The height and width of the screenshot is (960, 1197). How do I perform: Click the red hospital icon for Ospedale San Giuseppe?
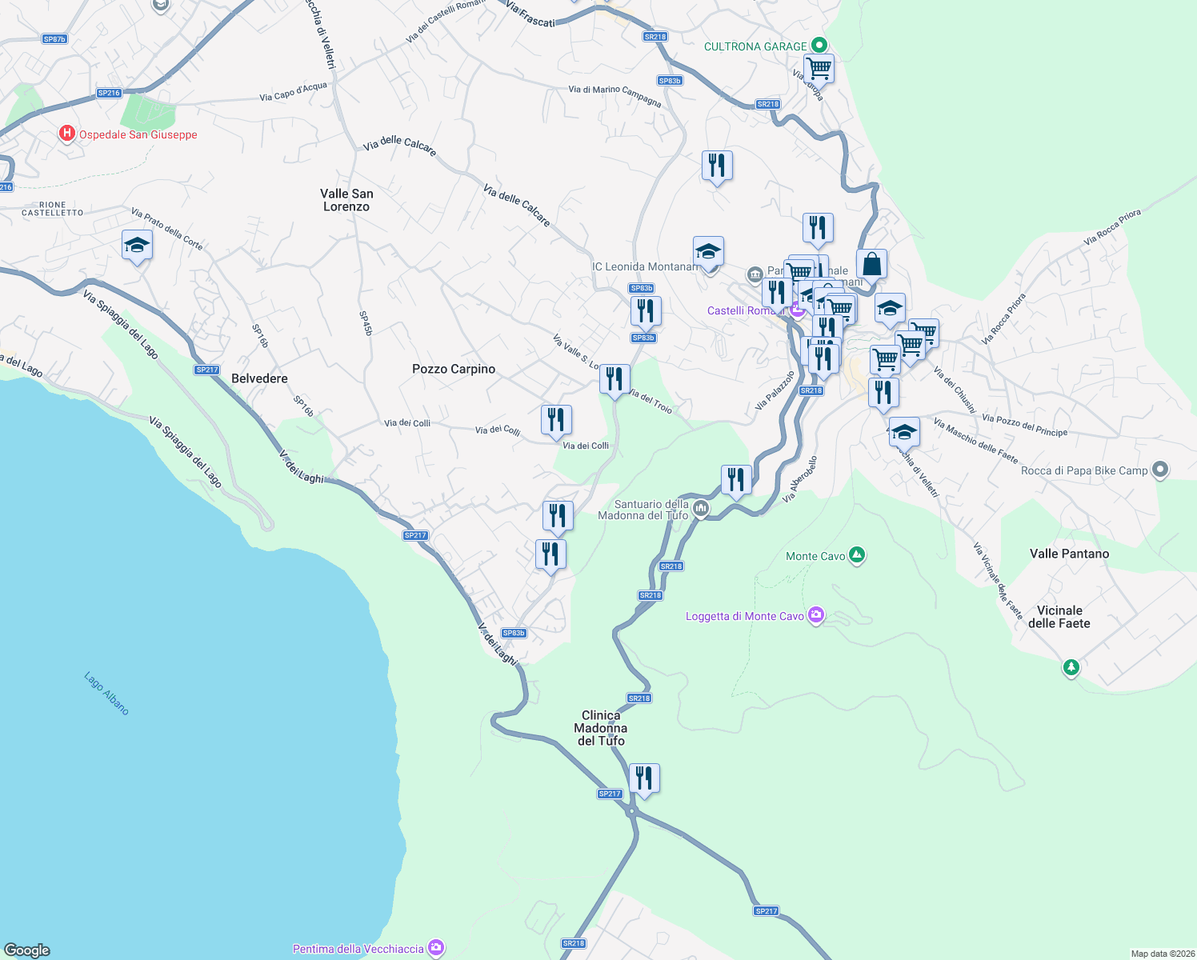point(67,134)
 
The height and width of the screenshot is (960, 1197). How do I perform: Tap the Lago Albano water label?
point(106,693)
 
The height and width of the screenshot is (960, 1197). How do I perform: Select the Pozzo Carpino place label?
point(453,369)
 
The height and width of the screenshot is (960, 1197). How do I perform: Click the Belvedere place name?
point(259,378)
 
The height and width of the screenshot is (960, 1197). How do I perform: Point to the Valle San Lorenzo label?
point(346,200)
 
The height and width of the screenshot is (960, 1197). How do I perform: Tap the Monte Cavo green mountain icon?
point(857,554)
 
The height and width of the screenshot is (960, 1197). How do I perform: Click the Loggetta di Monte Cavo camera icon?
point(816,615)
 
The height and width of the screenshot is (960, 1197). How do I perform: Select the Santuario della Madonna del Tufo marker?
point(701,508)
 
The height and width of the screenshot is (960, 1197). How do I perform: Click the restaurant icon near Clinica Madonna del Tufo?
point(644,778)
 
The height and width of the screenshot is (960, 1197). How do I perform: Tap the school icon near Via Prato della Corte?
point(138,245)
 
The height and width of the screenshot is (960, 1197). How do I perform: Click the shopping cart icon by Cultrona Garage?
point(819,68)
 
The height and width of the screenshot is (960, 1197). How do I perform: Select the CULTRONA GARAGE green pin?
point(819,46)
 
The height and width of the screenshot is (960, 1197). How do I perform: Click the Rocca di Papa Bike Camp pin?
point(1160,470)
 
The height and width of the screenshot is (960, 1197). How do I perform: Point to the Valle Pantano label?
point(1069,554)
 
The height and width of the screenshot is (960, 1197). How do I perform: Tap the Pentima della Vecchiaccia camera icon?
point(436,948)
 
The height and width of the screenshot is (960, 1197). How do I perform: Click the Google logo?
point(27,950)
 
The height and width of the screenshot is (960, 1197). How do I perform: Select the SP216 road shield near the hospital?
point(109,93)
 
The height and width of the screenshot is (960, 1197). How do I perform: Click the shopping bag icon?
point(871,263)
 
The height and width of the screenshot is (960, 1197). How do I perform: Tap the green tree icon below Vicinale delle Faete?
point(1071,666)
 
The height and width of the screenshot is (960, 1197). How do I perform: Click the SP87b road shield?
point(54,39)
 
